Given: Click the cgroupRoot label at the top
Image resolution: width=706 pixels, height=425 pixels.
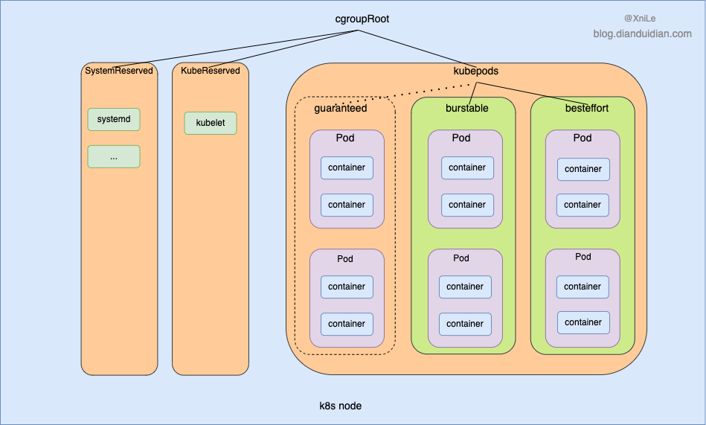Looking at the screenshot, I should pos(362,19).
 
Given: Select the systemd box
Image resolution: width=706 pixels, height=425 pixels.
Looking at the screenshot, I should pos(114,119).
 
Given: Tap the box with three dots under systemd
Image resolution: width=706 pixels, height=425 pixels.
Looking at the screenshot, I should pos(114,156).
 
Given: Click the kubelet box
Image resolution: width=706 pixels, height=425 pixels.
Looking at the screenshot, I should pos(210,123).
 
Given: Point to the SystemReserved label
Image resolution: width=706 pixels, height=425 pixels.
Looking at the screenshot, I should pos(119,71).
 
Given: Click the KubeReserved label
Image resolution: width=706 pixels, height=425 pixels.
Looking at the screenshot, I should pos(210,71).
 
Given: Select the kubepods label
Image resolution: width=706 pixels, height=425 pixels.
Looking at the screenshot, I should pos(475,71).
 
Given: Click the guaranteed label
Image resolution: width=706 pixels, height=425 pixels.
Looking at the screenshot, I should pos(340,108).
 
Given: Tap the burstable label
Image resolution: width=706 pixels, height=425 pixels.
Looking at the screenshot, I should pos(466,108).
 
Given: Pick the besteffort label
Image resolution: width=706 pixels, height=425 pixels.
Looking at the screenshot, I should pos(586,108).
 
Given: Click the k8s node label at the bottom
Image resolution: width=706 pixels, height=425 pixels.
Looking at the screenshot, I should pos(340,406).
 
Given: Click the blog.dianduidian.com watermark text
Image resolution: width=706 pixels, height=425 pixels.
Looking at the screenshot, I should pos(642,33).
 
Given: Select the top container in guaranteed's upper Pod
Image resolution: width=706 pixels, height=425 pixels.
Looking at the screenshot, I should pos(347,167).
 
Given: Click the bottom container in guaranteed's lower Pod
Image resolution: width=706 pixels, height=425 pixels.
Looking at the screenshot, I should pos(347,324).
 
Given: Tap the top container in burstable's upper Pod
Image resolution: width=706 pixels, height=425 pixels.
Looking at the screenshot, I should pos(467,167).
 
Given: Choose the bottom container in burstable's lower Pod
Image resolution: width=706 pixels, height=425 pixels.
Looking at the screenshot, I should pos(465,324).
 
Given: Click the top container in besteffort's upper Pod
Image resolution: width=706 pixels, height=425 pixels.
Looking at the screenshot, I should pos(583,169).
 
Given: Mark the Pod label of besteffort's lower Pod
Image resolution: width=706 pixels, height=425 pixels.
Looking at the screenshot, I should pos(583,257).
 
